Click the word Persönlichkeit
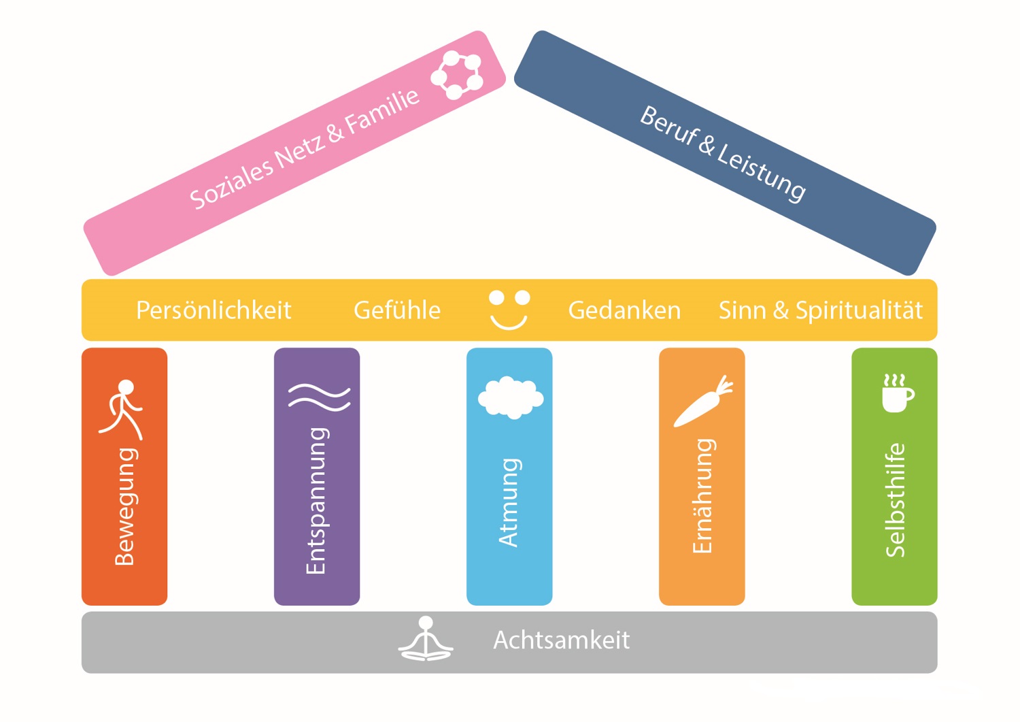pos(214,310)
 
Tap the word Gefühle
pos(397,310)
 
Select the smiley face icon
pos(509,310)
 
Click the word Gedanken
pos(624,310)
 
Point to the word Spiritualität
pos(859,310)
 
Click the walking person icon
pos(122,409)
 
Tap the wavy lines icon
pos(318,397)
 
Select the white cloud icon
pos(511,397)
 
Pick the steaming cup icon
pos(897,393)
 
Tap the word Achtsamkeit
pos(561,640)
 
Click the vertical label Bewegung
pos(125,507)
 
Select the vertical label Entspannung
pos(317,501)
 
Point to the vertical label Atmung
pos(509,502)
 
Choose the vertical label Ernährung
pos(702,496)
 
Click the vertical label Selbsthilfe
pos(896,500)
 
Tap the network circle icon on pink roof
pos(458,74)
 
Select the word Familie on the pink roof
pos(382,112)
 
